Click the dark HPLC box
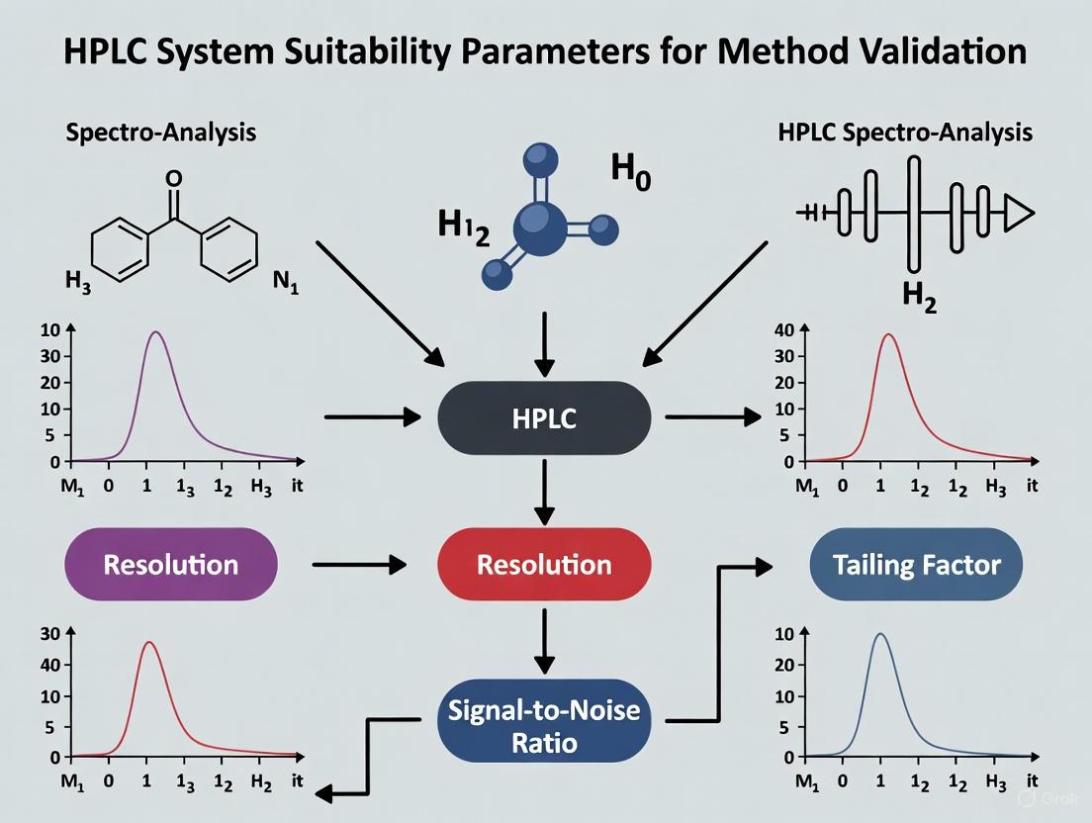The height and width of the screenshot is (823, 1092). [544, 417]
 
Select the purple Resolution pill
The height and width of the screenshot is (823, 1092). [170, 565]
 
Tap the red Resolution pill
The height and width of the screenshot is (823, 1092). [544, 565]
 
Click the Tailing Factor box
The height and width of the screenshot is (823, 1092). [916, 565]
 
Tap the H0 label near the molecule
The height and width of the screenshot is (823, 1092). [630, 170]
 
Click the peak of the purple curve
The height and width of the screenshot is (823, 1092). [155, 332]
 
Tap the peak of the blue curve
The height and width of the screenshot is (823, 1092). [879, 634]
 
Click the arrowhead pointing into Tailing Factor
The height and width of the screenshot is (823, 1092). [763, 566]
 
